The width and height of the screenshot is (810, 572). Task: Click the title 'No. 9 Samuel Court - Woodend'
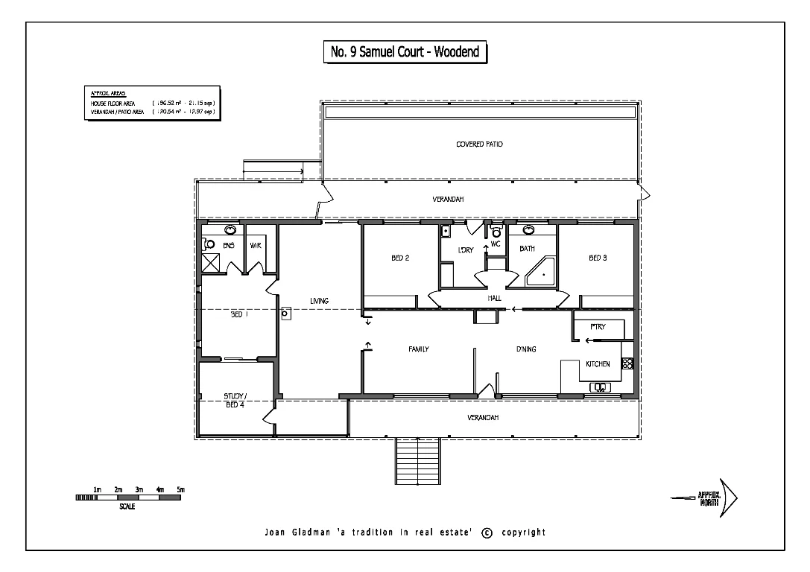point(405,53)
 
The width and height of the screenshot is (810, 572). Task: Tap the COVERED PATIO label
point(479,144)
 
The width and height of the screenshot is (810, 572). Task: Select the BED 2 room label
point(401,258)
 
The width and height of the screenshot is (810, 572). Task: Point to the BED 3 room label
point(598,258)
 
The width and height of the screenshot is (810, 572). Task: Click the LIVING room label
point(320,301)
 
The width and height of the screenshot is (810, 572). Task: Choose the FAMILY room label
point(418,349)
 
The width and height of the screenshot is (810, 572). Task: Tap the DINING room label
point(527,349)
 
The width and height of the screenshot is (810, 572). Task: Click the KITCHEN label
point(598,364)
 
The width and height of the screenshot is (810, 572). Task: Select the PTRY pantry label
point(598,326)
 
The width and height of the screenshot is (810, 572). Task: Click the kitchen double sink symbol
point(600,387)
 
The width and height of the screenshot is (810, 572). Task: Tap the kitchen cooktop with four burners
point(627,364)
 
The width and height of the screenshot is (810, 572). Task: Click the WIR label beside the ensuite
point(255,245)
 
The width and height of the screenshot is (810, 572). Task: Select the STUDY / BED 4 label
point(235,400)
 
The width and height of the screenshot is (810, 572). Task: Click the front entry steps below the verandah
point(417,462)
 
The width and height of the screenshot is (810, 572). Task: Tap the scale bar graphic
point(128,497)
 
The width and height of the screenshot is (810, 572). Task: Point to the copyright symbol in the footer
point(487,533)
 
